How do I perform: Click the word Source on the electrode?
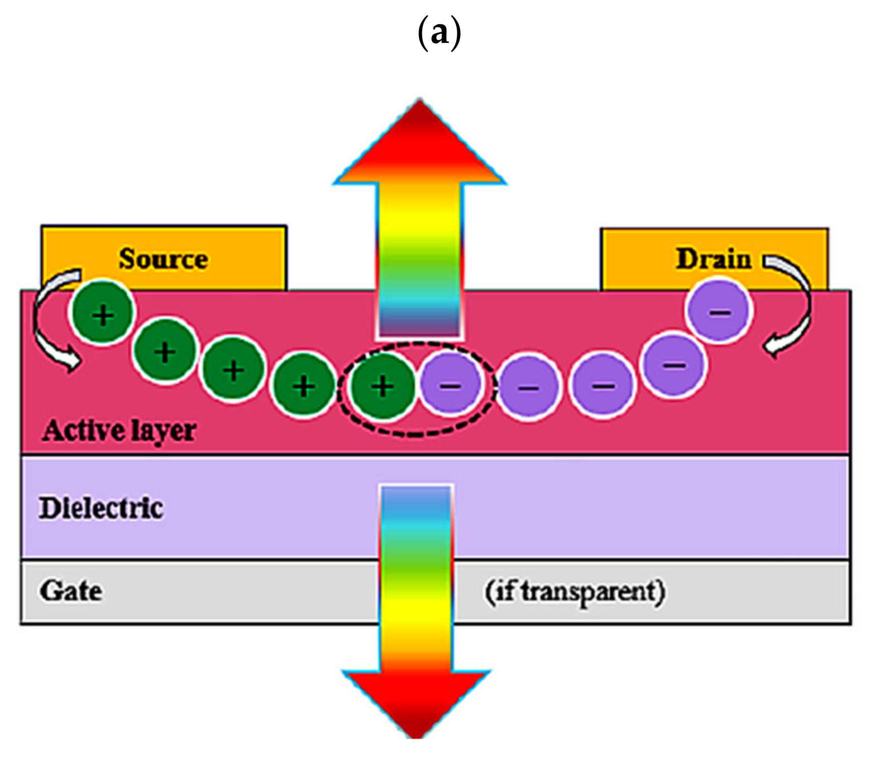pyautogui.click(x=163, y=259)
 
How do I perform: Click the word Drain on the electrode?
pyautogui.click(x=713, y=259)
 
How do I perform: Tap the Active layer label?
pyautogui.click(x=120, y=430)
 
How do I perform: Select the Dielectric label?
pyautogui.click(x=101, y=508)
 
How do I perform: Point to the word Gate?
pyautogui.click(x=71, y=590)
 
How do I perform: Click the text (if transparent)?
pyautogui.click(x=575, y=592)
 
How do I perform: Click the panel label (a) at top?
pyautogui.click(x=440, y=33)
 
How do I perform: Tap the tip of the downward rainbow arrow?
pyautogui.click(x=417, y=734)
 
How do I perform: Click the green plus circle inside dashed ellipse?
pyautogui.click(x=383, y=386)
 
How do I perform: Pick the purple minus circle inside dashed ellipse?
pyautogui.click(x=451, y=385)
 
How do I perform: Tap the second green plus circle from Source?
pyautogui.click(x=165, y=351)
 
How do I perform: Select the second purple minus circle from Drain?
pyautogui.click(x=674, y=363)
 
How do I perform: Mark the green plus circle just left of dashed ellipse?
pyautogui.click(x=303, y=386)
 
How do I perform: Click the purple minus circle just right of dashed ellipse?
pyautogui.click(x=528, y=387)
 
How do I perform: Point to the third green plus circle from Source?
pyautogui.click(x=233, y=370)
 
